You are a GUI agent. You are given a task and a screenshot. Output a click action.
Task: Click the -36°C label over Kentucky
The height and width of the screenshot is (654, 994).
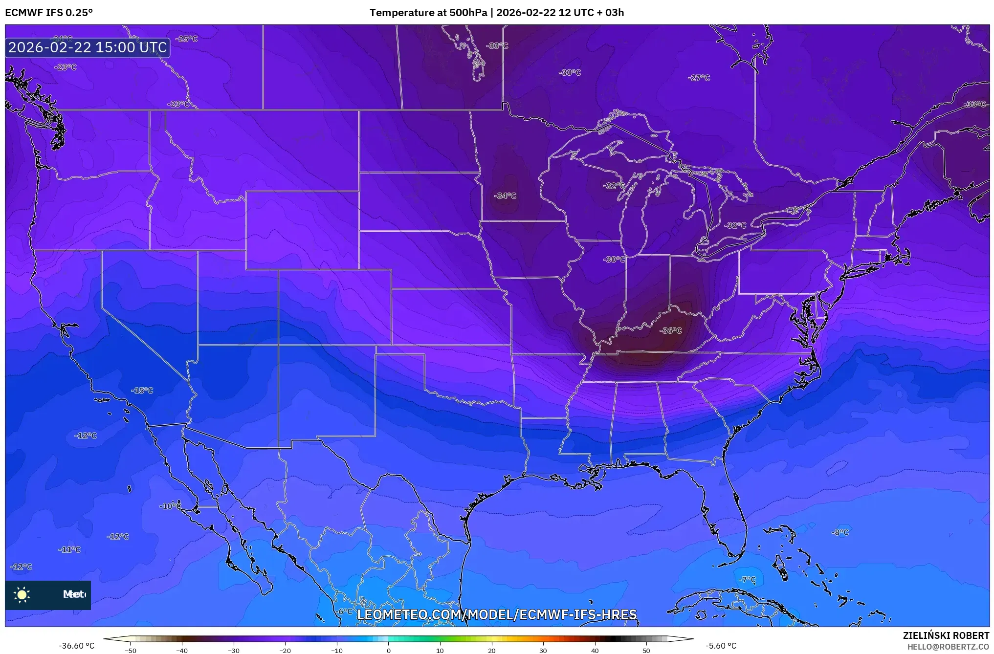click(670, 331)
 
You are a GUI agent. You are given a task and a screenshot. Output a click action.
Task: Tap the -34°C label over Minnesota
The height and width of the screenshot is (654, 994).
click(505, 196)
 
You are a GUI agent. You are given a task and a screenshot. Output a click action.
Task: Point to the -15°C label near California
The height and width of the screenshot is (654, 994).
click(142, 391)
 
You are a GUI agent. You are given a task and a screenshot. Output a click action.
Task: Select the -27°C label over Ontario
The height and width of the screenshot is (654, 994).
click(699, 78)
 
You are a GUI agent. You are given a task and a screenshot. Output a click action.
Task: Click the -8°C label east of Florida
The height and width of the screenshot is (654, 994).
click(840, 532)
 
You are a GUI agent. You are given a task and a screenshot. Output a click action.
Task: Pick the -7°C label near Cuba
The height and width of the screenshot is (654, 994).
click(747, 580)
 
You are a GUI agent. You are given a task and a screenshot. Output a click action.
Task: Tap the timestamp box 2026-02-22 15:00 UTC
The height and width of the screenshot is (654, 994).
click(88, 47)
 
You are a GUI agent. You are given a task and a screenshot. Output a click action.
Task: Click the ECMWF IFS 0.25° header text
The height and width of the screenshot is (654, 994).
click(49, 13)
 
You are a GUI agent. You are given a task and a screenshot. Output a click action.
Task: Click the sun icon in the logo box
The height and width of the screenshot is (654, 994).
click(22, 594)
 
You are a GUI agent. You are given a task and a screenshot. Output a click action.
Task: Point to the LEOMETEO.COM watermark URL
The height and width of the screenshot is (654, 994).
click(496, 614)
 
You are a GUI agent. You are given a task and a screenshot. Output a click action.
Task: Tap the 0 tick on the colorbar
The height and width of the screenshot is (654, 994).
click(389, 650)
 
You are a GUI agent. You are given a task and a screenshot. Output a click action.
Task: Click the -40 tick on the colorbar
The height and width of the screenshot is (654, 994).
click(182, 650)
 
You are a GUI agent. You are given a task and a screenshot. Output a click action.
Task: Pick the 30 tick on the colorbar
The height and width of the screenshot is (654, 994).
click(543, 650)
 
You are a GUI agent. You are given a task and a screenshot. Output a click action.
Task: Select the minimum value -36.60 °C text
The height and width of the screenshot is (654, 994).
click(77, 646)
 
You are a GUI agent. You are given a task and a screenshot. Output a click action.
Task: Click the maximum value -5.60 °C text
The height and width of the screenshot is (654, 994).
click(721, 646)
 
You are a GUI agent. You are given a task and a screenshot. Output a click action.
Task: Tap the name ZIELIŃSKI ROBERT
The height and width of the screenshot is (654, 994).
click(946, 635)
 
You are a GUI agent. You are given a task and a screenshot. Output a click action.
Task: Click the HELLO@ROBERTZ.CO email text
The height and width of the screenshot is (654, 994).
click(948, 647)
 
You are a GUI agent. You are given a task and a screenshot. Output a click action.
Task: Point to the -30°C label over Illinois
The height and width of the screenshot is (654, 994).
click(614, 260)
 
